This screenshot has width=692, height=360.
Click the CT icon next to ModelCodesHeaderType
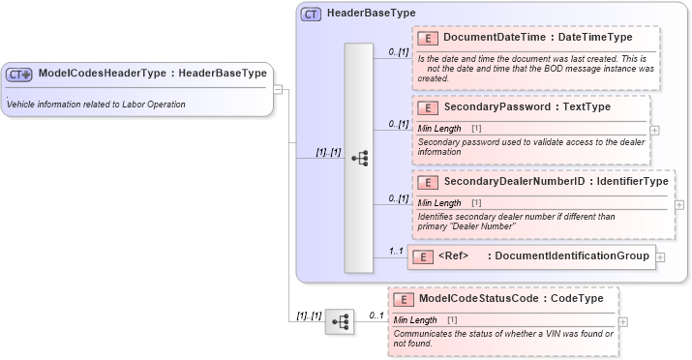pos(19,74)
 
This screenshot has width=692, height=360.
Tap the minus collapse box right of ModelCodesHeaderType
pos(278,90)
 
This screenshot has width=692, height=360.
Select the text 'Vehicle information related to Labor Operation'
pos(96,104)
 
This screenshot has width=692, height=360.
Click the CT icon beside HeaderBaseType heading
pos(311,15)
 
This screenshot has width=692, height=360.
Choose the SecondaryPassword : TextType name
pos(527,106)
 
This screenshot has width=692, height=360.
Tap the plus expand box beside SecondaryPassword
pos(655,129)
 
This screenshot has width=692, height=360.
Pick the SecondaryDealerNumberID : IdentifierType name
pos(555,182)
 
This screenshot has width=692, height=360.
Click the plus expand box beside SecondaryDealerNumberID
pos(678,204)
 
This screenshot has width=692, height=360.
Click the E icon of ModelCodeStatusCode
pos(404,299)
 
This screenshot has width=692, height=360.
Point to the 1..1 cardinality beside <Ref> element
pos(395,251)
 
